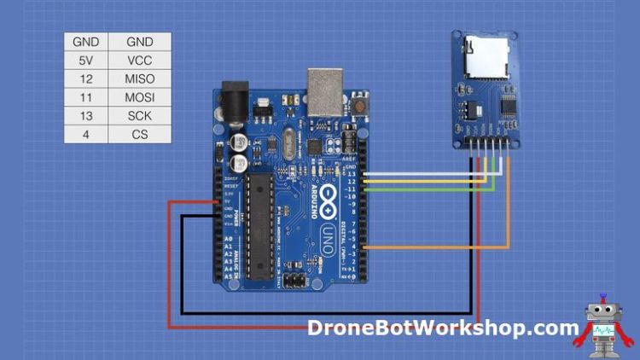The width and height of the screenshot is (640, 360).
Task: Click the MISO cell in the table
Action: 139,78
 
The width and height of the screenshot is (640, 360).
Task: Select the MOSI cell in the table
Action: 139,97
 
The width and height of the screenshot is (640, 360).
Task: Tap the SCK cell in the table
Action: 139,116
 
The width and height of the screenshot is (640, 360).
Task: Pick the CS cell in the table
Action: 139,135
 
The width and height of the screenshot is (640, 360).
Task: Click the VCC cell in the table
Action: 139,60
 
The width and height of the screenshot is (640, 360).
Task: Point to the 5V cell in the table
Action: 85,60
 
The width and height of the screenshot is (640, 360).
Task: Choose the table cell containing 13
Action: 85,116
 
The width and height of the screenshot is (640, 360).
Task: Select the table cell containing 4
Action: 85,135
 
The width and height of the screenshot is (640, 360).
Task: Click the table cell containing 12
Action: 85,78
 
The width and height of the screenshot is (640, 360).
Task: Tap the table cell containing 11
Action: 85,97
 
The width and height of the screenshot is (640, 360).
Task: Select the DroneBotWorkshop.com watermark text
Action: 443,328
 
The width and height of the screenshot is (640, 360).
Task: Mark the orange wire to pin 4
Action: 444,248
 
